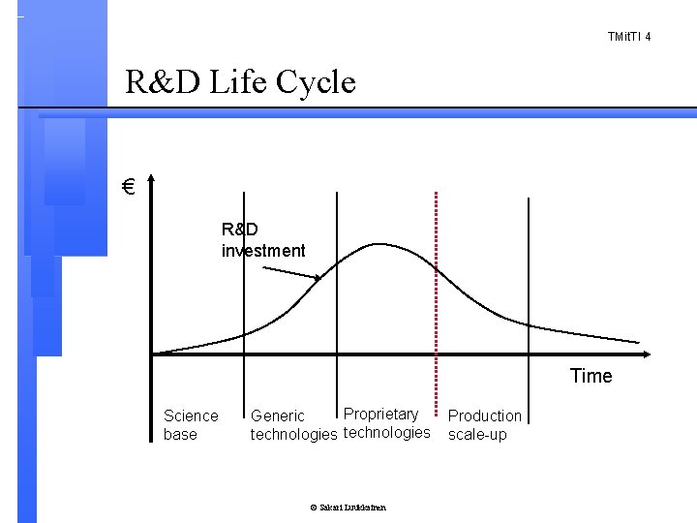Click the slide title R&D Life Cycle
(x=241, y=82)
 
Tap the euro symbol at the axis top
(x=128, y=186)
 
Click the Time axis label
(x=591, y=376)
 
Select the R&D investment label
(x=262, y=240)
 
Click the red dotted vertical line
(x=437, y=291)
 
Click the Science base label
(x=191, y=425)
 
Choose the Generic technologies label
(x=293, y=425)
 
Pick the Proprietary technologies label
(x=386, y=423)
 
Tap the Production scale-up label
(x=484, y=425)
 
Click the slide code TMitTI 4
(x=628, y=37)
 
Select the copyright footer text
(x=348, y=508)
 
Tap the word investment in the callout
(x=262, y=251)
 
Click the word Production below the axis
(x=484, y=415)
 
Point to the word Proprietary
(x=381, y=414)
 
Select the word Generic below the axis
(x=278, y=416)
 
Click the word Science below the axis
(x=191, y=415)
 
